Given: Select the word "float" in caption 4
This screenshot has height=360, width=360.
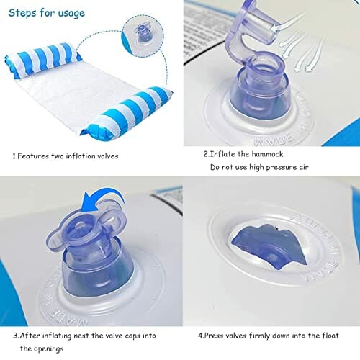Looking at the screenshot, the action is pos(330,336).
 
